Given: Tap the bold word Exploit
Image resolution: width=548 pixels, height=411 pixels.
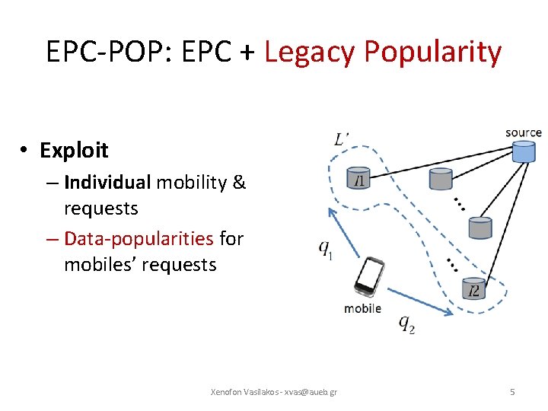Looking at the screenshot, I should coord(74,151).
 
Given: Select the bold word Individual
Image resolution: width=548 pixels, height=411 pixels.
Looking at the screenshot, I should coord(107,183).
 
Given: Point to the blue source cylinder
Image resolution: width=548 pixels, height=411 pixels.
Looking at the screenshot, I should coord(523,151).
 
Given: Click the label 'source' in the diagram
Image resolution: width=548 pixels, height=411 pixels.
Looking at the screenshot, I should coord(523,133).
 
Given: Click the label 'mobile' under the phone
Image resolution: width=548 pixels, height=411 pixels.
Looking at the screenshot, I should coord(363,308).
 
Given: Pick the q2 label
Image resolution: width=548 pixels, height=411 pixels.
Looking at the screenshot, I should coord(406,323).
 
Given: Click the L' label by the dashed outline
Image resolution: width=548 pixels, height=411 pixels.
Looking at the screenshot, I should coord(342,139).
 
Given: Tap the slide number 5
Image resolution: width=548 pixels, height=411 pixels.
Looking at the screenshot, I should coord(512,392).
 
